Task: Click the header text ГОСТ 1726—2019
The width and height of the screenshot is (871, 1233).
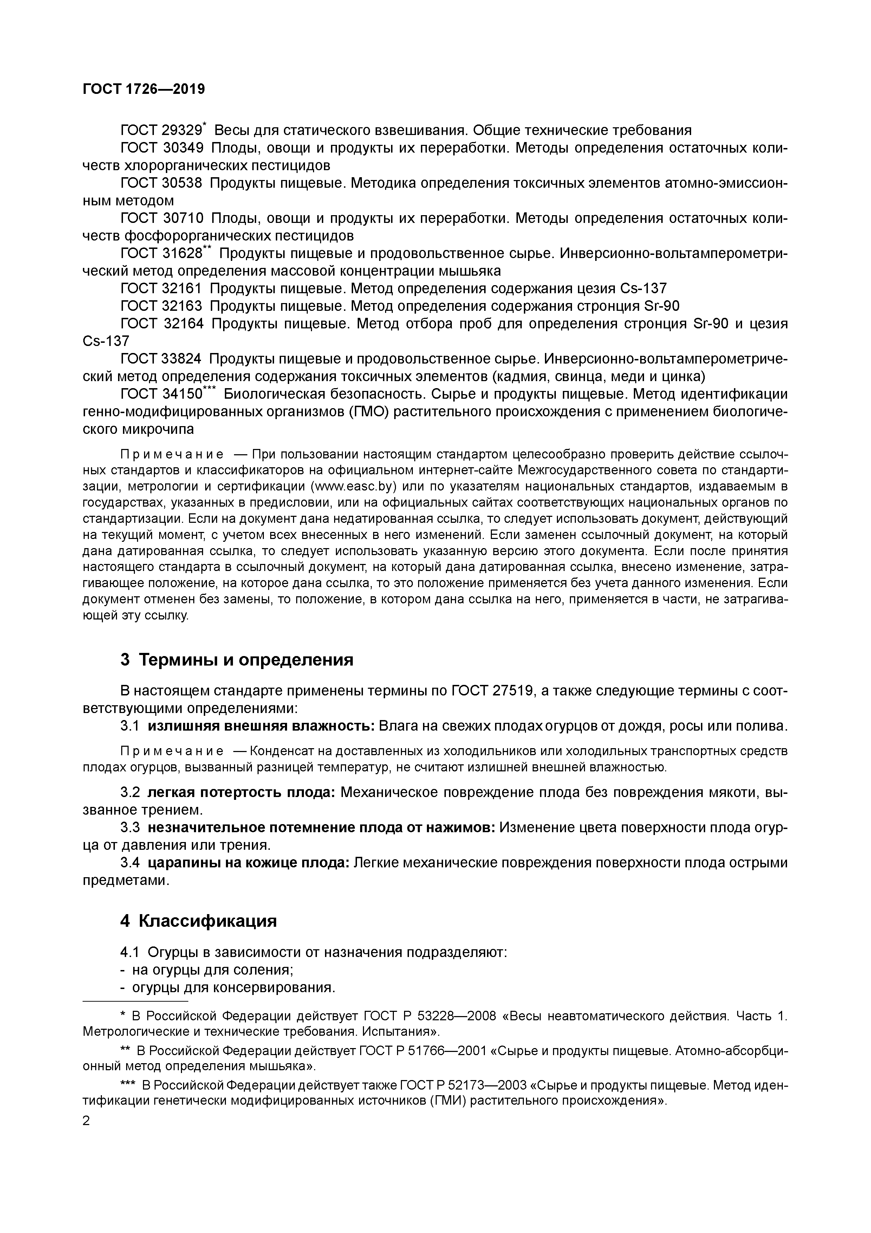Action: (144, 89)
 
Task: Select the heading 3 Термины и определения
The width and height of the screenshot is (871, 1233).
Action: (237, 660)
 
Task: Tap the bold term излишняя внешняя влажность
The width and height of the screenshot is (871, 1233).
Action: (261, 726)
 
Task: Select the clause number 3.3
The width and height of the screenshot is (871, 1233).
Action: (130, 828)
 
